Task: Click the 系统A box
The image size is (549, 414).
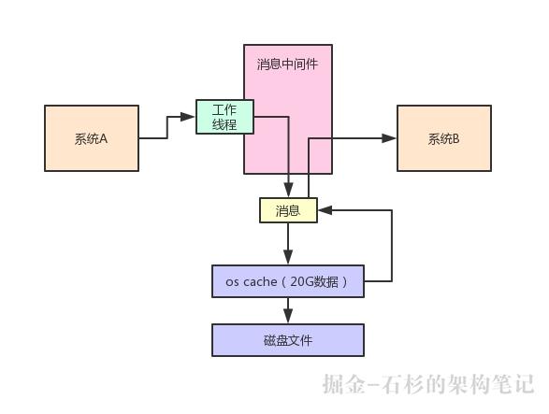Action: tap(92, 138)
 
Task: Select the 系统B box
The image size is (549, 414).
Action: tap(444, 138)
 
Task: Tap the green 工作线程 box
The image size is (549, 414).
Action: tap(224, 117)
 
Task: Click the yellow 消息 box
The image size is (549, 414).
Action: tap(288, 210)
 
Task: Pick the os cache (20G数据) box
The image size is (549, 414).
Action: tap(288, 281)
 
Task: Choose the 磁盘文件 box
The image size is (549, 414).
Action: tap(288, 340)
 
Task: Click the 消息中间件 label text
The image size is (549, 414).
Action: tap(288, 65)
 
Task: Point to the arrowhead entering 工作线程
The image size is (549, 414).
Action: tap(189, 117)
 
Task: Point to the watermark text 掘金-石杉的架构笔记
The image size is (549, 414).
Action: tap(427, 384)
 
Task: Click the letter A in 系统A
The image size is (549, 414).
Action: tap(104, 139)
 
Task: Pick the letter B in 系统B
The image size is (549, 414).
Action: tap(456, 139)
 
